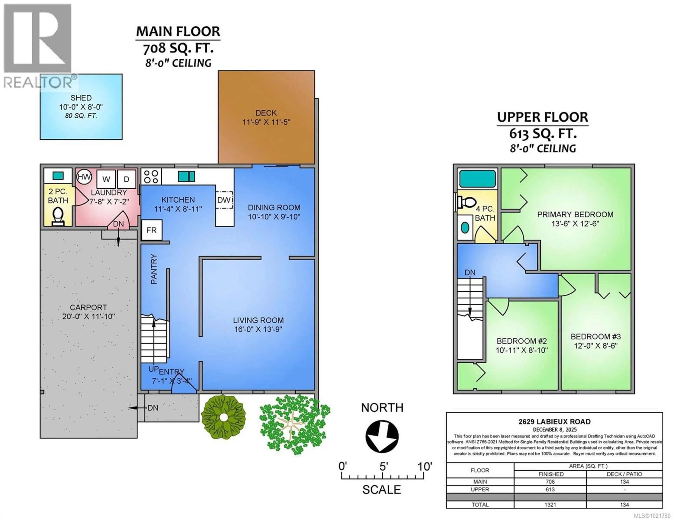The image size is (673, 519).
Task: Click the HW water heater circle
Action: click(x=84, y=177)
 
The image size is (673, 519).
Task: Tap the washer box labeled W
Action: click(x=106, y=179)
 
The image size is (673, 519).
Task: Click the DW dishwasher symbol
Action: click(x=224, y=200)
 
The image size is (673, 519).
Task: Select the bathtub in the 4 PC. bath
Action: click(x=477, y=178)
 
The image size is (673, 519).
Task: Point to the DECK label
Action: click(x=266, y=113)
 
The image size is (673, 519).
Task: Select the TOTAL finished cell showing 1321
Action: click(x=550, y=504)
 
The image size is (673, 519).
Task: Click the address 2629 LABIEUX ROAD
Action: click(x=554, y=422)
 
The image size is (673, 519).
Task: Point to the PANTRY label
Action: click(x=154, y=269)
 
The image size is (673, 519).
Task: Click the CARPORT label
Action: click(x=89, y=307)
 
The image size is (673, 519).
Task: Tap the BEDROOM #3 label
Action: click(x=596, y=337)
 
